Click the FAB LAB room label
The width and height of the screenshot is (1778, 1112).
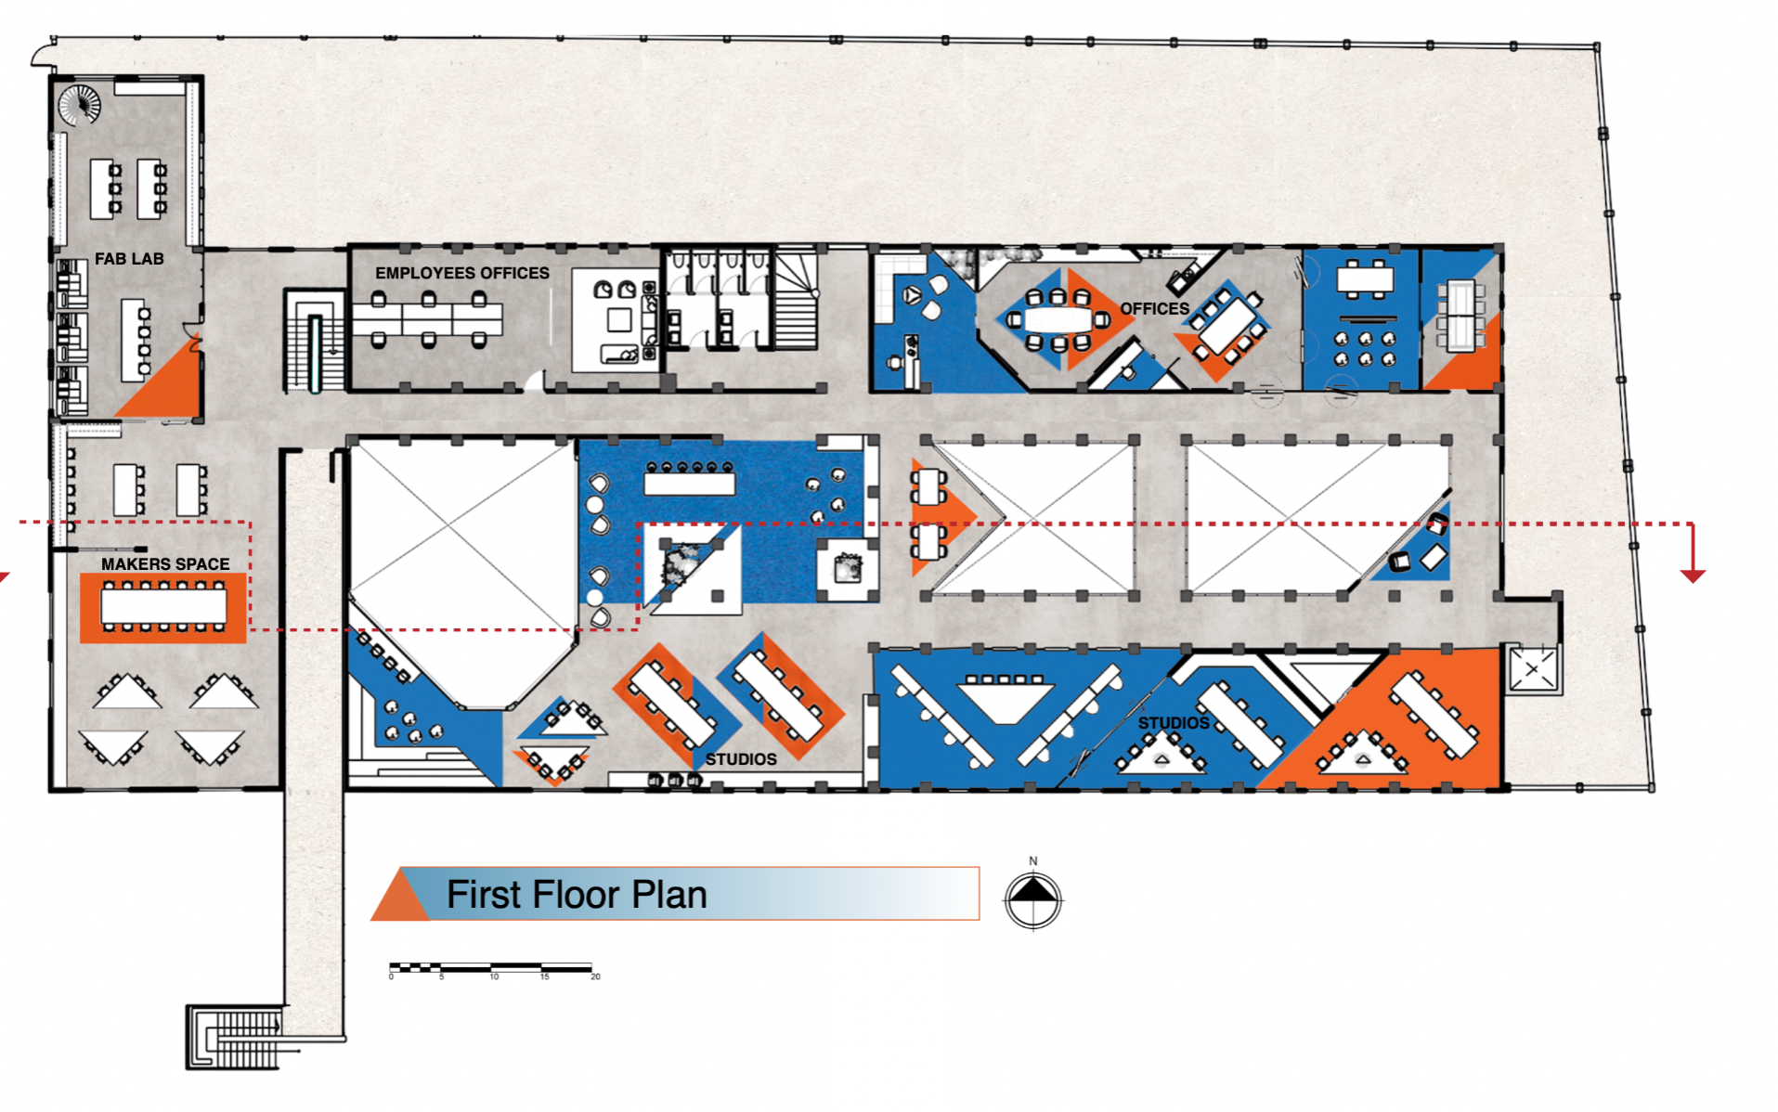tap(129, 259)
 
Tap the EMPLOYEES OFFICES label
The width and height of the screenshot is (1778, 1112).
tap(462, 273)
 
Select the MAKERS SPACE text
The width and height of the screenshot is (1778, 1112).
tap(165, 563)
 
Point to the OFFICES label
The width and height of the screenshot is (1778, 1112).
tap(1154, 308)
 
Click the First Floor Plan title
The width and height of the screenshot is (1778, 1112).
tap(577, 895)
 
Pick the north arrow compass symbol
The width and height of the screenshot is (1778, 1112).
tap(1033, 899)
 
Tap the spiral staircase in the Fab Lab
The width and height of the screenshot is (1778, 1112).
tap(80, 105)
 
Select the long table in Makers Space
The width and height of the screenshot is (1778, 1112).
tap(163, 607)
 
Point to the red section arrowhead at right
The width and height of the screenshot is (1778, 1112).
tap(1693, 576)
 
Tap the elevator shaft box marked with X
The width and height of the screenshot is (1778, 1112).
tap(1533, 668)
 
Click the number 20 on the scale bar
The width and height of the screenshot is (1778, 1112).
tap(595, 976)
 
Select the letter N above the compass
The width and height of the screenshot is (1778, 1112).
tap(1033, 861)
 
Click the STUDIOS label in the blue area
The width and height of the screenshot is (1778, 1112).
tap(1174, 723)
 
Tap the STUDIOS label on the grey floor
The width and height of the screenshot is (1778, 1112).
tap(741, 759)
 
